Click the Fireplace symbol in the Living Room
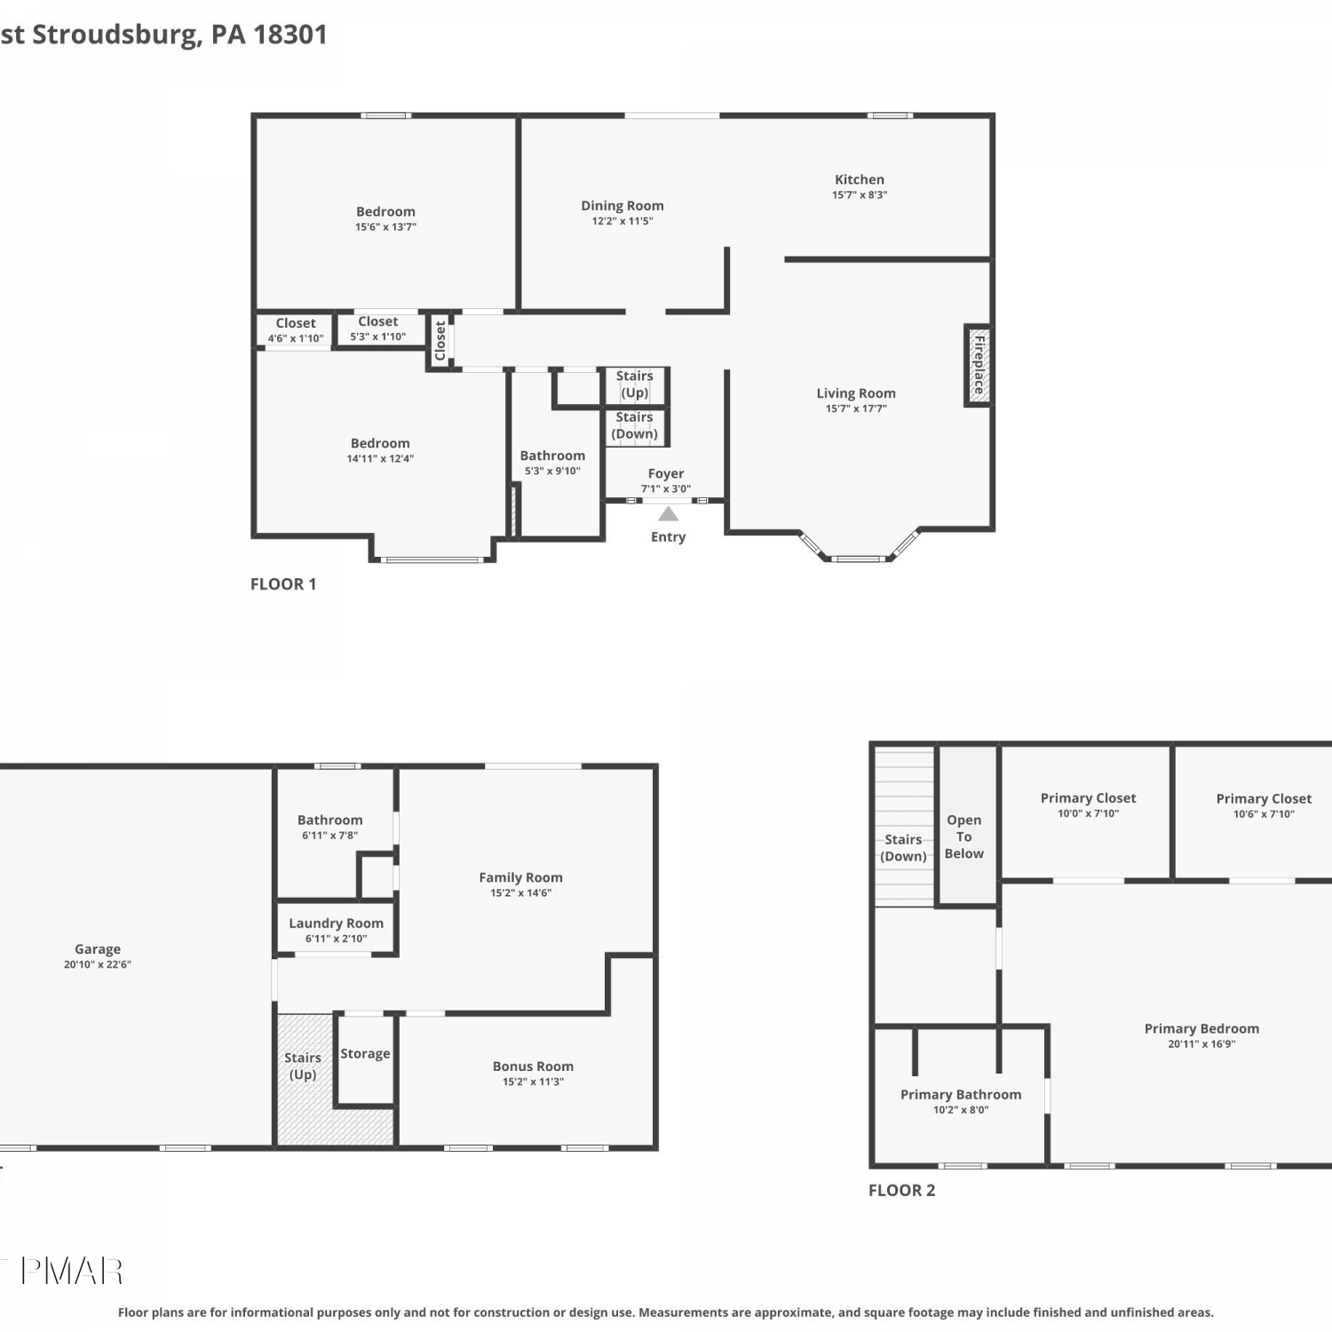pos(978,365)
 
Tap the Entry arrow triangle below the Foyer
pos(668,514)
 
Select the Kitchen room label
pos(859,179)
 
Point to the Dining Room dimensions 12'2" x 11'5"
pos(622,221)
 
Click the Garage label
pos(98,949)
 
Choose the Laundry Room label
pos(336,924)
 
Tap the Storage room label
pos(365,1054)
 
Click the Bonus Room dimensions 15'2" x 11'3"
pos(533,1082)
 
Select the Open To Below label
pos(963,836)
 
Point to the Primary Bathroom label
pos(961,1095)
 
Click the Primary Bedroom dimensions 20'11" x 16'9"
pos(1201,1044)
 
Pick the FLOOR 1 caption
pos(283,584)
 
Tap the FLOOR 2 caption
pos(901,1191)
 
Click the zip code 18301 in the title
pos(290,35)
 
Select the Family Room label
pos(520,877)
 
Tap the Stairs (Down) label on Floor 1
pos(634,425)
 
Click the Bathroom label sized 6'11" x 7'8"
pos(329,821)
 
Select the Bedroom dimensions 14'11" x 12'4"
pos(380,459)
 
